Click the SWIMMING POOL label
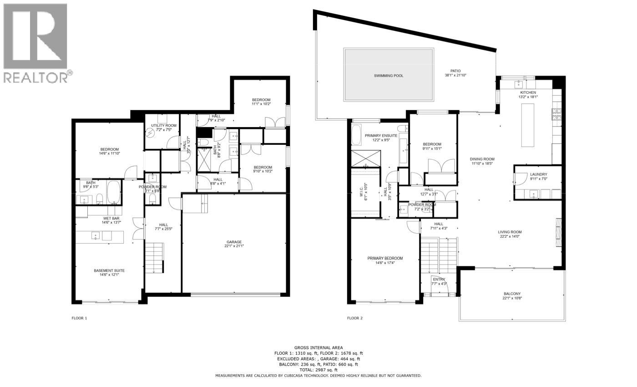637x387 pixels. (x=388, y=76)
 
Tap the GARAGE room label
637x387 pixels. (x=234, y=242)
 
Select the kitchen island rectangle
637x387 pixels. (x=527, y=125)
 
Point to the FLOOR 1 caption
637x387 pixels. (x=79, y=318)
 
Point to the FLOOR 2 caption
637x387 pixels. (x=354, y=318)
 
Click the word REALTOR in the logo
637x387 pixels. (x=35, y=77)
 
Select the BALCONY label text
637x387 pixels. (x=512, y=294)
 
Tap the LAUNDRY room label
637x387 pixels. (x=538, y=174)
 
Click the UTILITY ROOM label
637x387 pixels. (x=164, y=125)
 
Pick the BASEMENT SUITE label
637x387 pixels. (x=109, y=270)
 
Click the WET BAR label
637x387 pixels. (x=111, y=218)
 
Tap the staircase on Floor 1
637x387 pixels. (x=154, y=257)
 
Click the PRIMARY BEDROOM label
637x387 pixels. (x=385, y=258)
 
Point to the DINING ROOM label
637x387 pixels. (x=482, y=159)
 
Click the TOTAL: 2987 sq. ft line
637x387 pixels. (x=318, y=370)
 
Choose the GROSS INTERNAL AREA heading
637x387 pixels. (x=318, y=347)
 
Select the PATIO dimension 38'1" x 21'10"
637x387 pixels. (x=455, y=76)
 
